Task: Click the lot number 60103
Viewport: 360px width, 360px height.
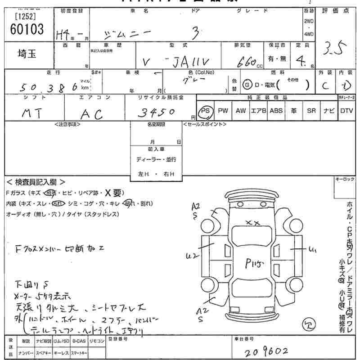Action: pyautogui.click(x=26, y=30)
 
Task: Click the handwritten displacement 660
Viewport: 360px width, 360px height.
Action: pyautogui.click(x=247, y=61)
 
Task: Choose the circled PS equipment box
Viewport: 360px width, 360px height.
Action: pyautogui.click(x=205, y=111)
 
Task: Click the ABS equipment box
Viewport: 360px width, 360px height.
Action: pyautogui.click(x=276, y=111)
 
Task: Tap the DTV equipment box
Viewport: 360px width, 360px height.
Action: pyautogui.click(x=346, y=111)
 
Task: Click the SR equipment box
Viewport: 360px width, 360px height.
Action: pyautogui.click(x=311, y=111)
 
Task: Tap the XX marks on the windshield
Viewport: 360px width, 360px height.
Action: pyautogui.click(x=253, y=222)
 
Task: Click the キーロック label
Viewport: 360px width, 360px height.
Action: pyautogui.click(x=346, y=179)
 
